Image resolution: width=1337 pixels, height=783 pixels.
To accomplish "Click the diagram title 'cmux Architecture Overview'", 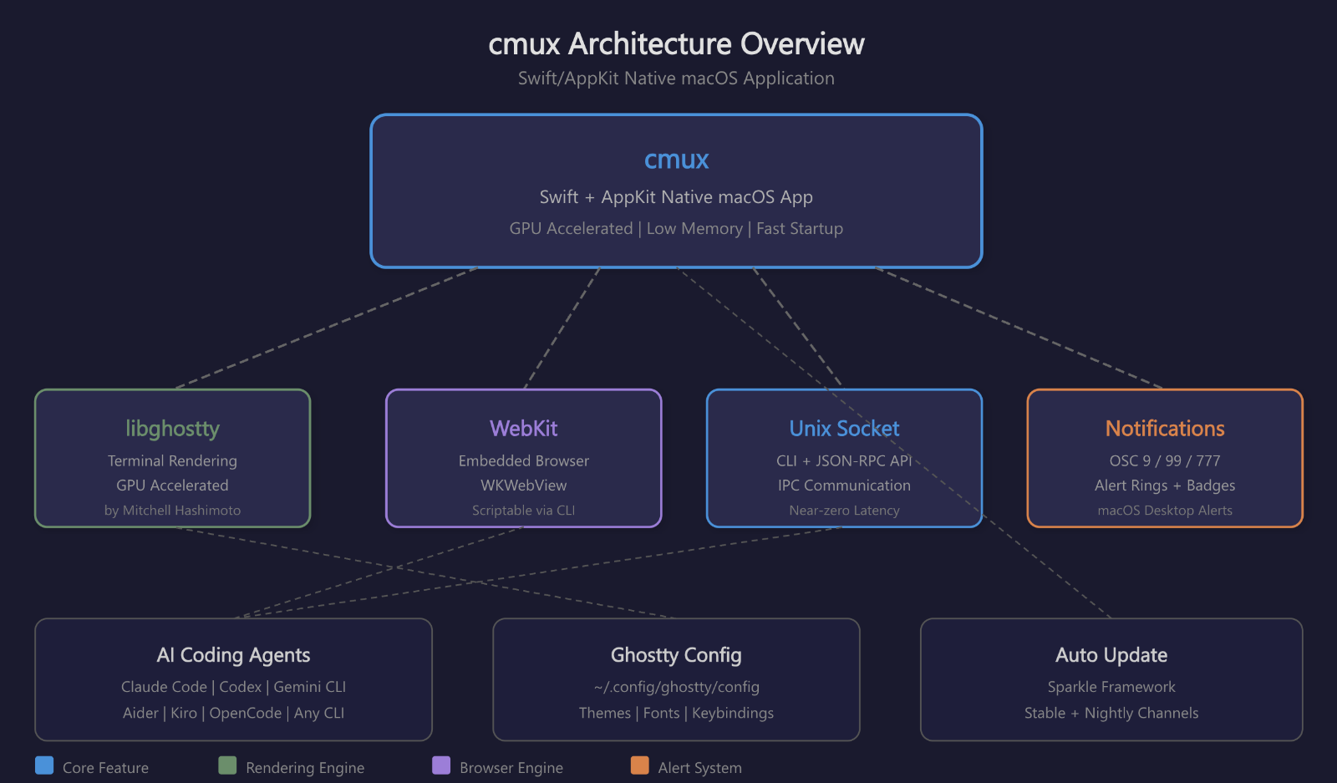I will pos(676,43).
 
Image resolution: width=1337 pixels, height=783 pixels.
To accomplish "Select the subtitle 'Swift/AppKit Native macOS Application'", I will pos(676,79).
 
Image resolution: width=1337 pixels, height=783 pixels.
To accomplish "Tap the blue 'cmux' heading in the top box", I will pos(676,160).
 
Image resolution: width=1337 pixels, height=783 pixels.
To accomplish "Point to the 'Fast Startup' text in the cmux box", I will pos(800,229).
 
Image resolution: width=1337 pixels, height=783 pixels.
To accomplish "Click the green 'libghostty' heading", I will pos(172,429).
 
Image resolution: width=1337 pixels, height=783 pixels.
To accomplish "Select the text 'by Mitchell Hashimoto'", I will pos(172,511).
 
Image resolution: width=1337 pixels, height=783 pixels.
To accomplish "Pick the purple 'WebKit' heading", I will pos(523,429).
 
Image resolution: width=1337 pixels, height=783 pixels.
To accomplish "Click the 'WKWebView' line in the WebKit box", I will pos(523,486).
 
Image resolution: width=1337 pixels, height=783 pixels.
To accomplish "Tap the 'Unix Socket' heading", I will pos(844,429).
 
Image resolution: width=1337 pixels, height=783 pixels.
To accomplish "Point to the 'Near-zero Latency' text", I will pos(844,511).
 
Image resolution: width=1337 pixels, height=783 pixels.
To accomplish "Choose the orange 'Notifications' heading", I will pos(1165,429).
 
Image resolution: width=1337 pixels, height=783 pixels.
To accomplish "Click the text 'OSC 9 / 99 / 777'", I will pos(1165,461).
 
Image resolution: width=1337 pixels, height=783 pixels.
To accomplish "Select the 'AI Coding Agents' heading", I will pos(233,655).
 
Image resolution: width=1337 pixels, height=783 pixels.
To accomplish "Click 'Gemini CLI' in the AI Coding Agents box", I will pos(310,687).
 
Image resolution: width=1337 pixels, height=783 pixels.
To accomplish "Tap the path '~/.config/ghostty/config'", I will pos(676,687).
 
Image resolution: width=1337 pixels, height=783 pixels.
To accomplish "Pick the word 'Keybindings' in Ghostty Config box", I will pos(733,714).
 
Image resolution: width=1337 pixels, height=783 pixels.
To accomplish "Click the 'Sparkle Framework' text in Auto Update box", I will pos(1111,687).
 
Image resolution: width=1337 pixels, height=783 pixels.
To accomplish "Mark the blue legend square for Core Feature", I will pos(44,765).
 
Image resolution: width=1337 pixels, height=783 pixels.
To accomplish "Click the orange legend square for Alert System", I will pos(639,765).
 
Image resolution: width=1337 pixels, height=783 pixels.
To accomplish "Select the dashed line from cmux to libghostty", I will pos(326,328).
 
